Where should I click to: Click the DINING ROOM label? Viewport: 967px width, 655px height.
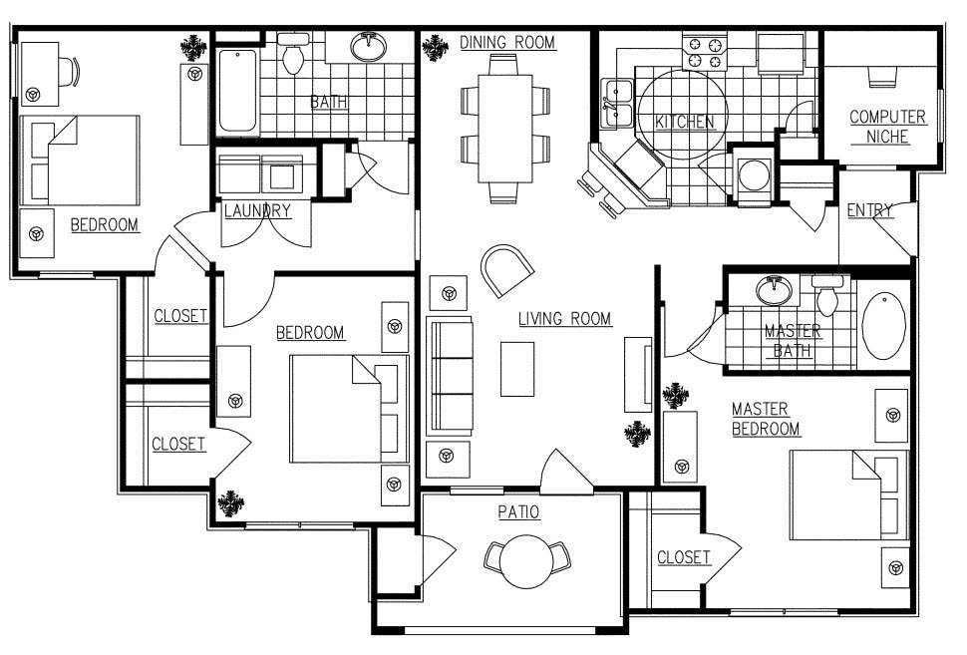[507, 42]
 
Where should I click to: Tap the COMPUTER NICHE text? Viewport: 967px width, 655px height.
[887, 127]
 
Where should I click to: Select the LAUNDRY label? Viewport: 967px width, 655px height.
[256, 210]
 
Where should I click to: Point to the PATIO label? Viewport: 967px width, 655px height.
[518, 512]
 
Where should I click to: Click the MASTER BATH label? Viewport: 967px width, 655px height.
[793, 341]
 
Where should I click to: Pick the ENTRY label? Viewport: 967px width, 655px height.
[869, 210]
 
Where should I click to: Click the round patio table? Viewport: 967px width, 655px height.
[525, 561]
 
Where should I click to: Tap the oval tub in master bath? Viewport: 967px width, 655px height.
[882, 325]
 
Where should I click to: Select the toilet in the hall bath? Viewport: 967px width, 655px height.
[293, 56]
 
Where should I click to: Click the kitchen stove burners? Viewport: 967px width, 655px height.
[705, 53]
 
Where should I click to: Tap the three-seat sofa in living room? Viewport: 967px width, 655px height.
[450, 376]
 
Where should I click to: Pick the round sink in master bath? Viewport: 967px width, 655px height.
[770, 291]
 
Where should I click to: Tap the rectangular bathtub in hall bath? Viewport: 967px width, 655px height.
[237, 92]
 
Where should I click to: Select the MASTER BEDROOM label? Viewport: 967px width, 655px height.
[766, 419]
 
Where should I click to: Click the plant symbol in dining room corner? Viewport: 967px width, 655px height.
[435, 46]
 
